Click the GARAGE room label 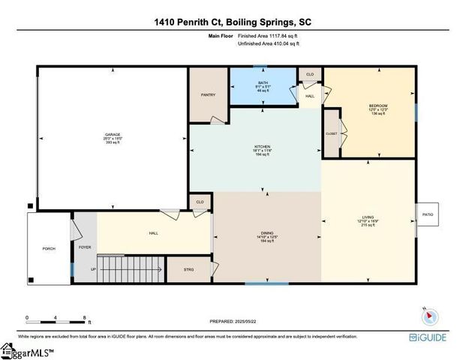pos(113,136)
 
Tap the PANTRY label pos(208,95)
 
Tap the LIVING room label pos(368,219)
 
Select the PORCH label pos(49,248)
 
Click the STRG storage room pos(189,269)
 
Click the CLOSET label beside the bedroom pos(332,133)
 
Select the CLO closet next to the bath pos(310,74)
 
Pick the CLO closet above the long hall pos(200,202)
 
